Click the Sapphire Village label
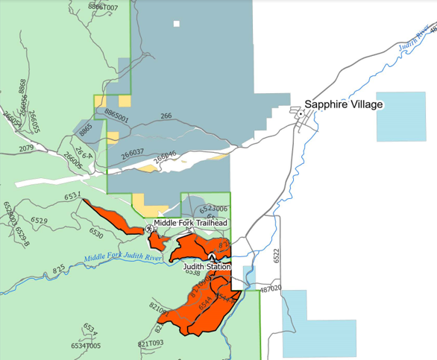[343, 104]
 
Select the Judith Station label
[207, 266]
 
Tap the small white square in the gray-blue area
[177, 24]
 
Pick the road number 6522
[276, 256]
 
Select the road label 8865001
[117, 117]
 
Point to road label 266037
[131, 152]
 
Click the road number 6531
[72, 196]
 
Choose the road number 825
[60, 269]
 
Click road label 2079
[27, 148]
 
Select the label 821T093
[151, 344]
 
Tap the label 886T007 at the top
[104, 7]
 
